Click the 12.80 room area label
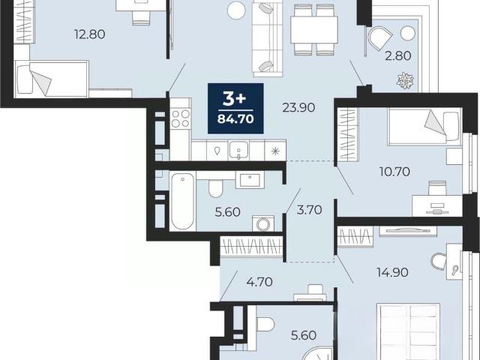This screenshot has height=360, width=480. tap(90, 34)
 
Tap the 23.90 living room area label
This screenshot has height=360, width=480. tap(298, 108)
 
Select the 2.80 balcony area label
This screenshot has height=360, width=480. tap(397, 56)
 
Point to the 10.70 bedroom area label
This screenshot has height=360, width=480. tap(394, 172)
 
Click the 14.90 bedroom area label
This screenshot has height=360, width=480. tap(392, 272)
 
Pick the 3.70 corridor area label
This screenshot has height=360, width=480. tap(310, 210)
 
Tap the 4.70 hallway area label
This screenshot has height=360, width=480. tap(259, 282)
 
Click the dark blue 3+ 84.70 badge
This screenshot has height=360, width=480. tap(235, 108)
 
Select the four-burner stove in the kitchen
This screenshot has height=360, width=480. tap(181, 118)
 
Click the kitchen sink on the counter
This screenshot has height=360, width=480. tap(238, 151)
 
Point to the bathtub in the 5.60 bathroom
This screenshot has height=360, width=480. tap(182, 201)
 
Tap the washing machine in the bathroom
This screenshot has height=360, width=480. tap(263, 223)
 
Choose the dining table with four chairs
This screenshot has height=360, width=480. tap(314, 30)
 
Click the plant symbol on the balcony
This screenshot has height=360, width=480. tap(405, 81)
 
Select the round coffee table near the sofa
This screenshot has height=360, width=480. tap(237, 10)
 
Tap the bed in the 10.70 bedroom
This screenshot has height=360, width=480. tap(425, 127)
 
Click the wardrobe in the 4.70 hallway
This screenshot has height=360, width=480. tap(251, 247)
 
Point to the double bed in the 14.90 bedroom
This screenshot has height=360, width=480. tap(408, 331)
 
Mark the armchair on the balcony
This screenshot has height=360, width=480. tap(379, 37)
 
